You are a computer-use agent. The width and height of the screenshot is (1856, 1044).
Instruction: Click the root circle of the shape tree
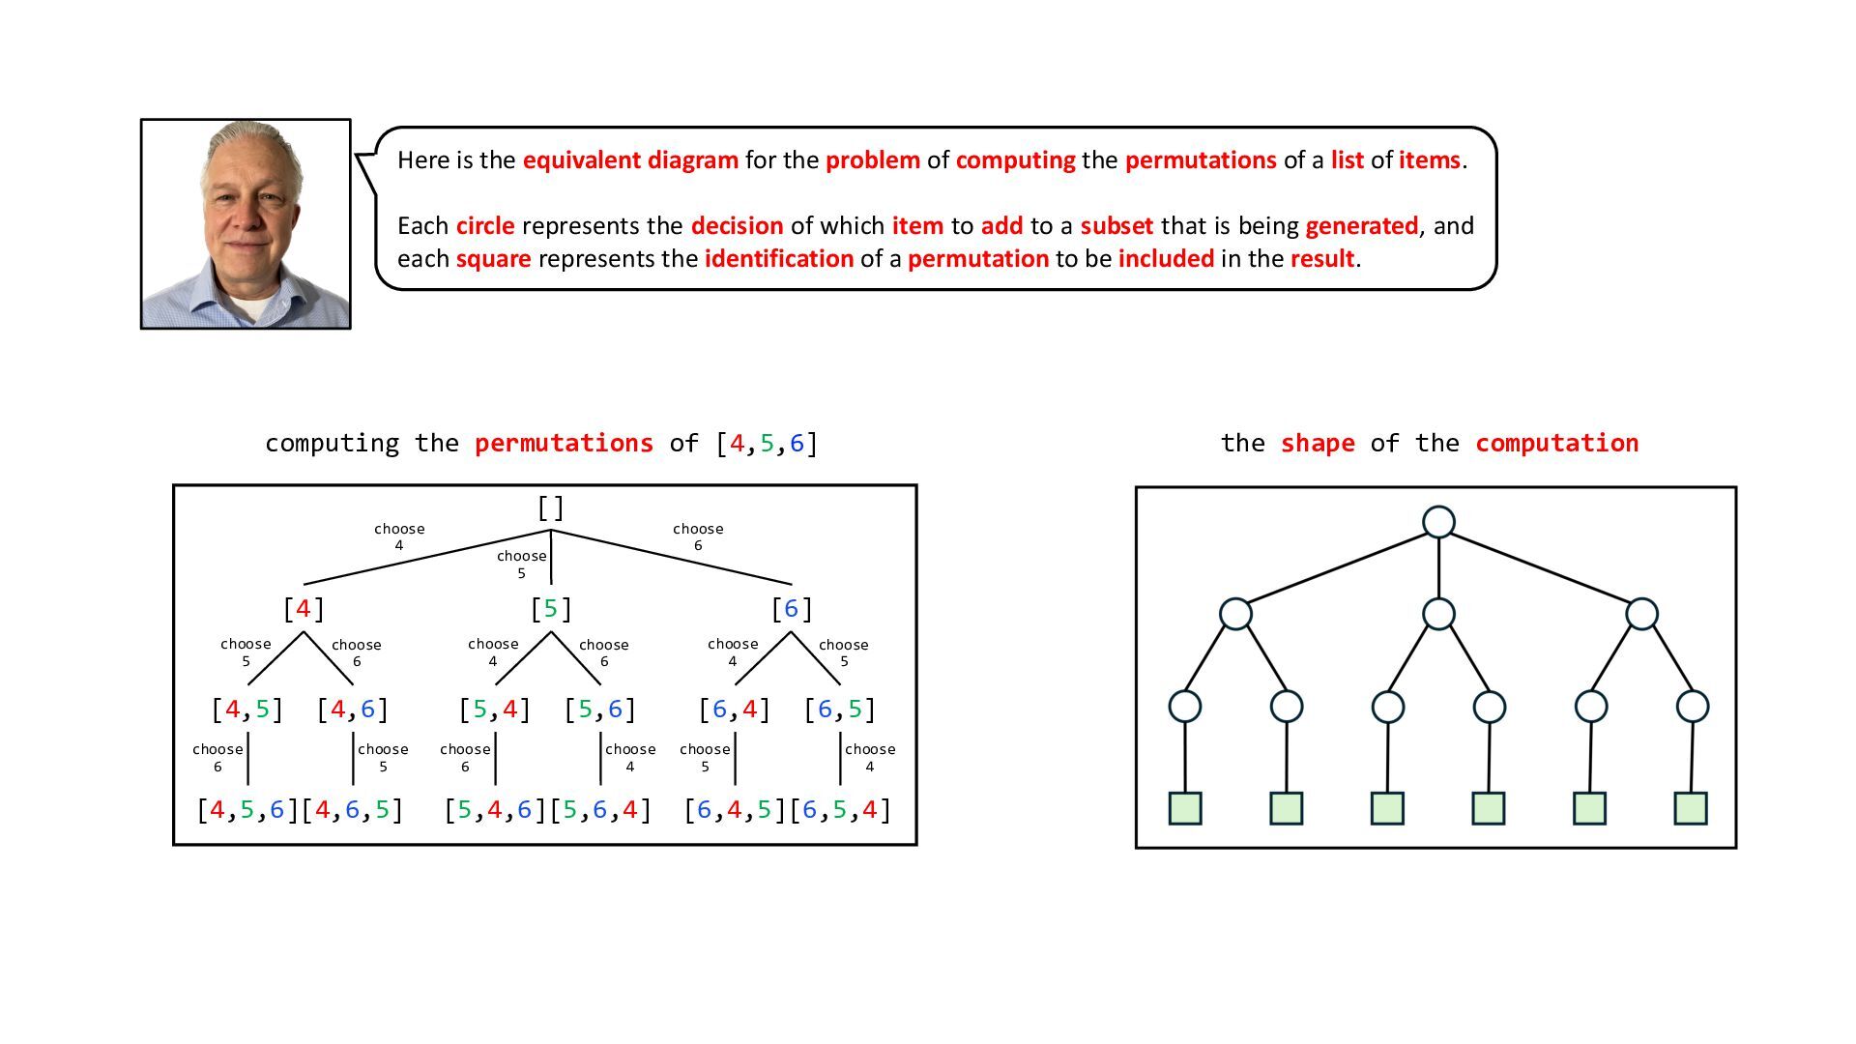point(1438,522)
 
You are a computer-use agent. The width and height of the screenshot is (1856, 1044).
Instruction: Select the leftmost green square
point(1185,808)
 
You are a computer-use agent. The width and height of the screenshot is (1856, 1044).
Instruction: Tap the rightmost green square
point(1691,808)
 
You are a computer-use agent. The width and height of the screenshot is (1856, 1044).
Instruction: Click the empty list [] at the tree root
point(551,507)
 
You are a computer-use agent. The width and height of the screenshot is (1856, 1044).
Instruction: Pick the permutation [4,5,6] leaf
point(247,810)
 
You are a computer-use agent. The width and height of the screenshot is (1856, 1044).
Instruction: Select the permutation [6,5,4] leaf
point(840,810)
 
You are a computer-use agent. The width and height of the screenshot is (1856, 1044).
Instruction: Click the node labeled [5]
point(551,609)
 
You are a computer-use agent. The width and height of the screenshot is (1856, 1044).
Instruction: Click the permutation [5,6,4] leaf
point(600,810)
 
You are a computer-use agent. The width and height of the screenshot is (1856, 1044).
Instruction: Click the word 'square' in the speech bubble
point(493,259)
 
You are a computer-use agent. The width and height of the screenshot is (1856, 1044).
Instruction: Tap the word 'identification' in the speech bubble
point(778,259)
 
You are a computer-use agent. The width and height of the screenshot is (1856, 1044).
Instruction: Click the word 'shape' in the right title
point(1317,444)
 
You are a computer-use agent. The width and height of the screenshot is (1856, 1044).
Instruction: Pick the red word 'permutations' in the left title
point(564,444)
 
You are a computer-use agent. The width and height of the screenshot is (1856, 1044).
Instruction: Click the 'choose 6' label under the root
point(698,536)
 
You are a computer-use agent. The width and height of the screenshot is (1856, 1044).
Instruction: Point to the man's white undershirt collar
point(253,307)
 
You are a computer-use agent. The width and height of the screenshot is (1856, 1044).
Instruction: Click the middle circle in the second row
point(1438,614)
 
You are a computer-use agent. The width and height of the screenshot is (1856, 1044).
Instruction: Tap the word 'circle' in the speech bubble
point(485,226)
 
